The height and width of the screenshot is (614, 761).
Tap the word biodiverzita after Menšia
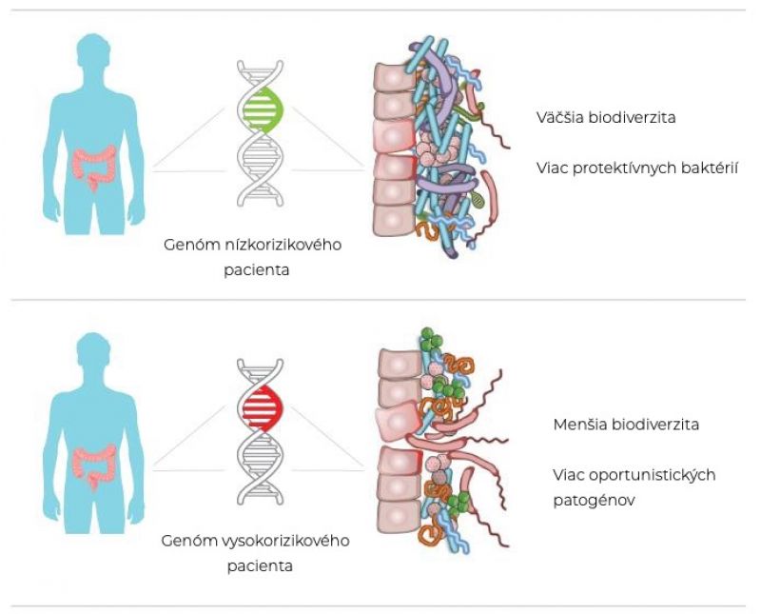coord(654,425)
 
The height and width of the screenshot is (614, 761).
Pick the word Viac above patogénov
coord(572,474)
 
